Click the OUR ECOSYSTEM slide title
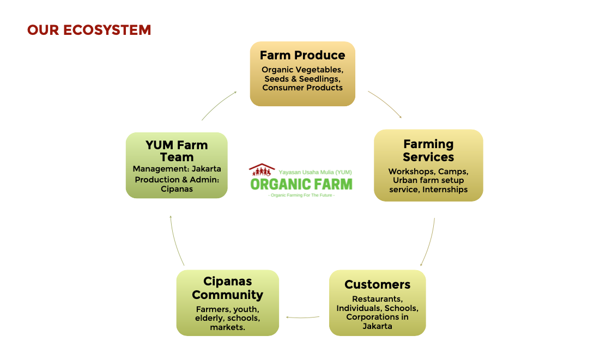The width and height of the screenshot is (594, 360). point(89,30)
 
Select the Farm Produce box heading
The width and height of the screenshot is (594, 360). point(302,55)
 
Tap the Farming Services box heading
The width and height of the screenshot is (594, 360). point(428,150)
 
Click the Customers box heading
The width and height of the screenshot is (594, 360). point(377,284)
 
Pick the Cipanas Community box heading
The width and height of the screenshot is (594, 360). point(227,288)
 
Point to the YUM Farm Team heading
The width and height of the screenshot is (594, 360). point(177,151)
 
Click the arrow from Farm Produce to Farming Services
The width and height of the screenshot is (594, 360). point(385,103)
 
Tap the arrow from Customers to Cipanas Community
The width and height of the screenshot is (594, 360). point(302,317)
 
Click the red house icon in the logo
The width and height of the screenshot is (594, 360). point(262,170)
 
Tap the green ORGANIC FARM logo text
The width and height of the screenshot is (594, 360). point(301,184)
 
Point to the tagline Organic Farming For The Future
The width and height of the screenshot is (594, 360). point(301,196)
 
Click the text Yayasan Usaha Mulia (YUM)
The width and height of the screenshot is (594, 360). point(315,172)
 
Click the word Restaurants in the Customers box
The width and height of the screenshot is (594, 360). point(377,299)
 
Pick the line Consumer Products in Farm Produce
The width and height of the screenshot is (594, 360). point(302,88)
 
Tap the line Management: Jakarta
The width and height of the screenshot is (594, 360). point(177,169)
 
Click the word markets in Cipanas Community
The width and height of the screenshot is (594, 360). point(227,327)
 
